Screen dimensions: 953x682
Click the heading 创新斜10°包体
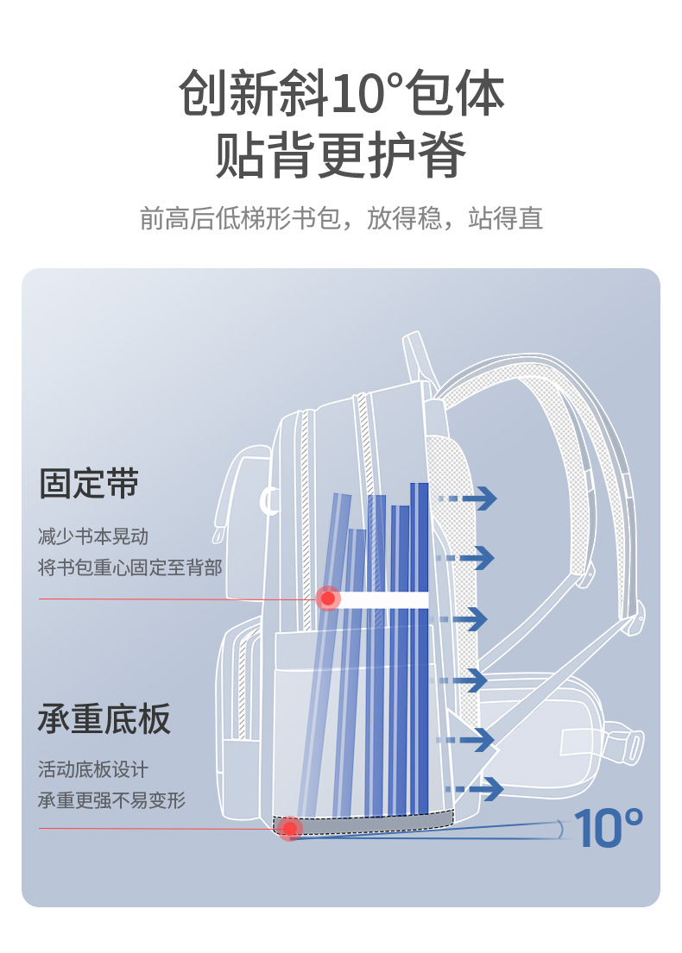click(341, 93)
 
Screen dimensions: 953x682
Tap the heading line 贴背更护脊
click(341, 155)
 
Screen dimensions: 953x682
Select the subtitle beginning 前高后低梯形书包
click(341, 218)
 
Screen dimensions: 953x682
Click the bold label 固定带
click(89, 483)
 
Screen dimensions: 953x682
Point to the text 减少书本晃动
click(93, 536)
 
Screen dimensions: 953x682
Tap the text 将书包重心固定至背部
click(130, 567)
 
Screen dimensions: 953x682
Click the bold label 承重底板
click(104, 718)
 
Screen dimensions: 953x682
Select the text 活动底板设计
click(93, 768)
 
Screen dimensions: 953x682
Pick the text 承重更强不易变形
click(112, 799)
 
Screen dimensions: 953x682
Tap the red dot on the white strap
click(328, 599)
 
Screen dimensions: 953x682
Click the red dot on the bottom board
click(291, 829)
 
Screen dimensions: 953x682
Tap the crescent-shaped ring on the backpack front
click(270, 502)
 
